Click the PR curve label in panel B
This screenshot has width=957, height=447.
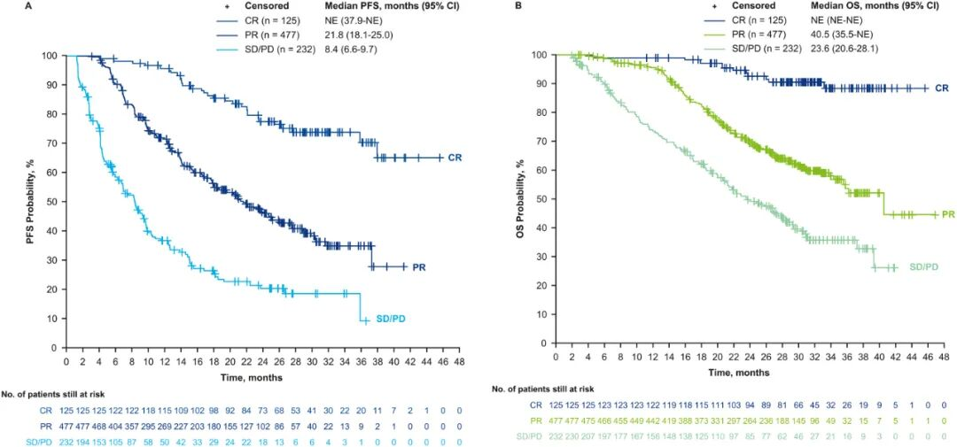point(947,214)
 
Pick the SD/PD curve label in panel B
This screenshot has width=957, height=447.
point(918,266)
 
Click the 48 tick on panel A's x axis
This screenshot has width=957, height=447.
point(458,361)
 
